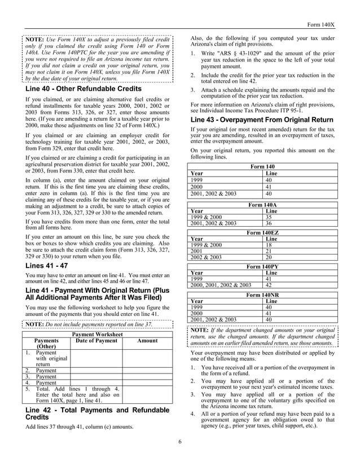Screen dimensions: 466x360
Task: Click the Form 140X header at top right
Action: (321, 25)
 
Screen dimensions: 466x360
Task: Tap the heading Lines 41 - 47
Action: (47, 265)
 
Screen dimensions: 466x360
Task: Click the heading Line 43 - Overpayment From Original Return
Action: (262, 120)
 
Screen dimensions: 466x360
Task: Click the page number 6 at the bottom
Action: (180, 441)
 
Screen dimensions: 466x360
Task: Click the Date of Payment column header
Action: (96, 341)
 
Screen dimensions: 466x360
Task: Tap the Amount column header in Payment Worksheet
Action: (147, 341)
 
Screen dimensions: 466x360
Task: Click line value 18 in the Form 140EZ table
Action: (269, 245)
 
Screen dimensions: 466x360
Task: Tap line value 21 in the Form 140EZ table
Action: (269, 251)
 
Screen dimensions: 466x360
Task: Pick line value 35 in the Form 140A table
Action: (269, 217)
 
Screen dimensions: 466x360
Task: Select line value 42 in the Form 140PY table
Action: (269, 285)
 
